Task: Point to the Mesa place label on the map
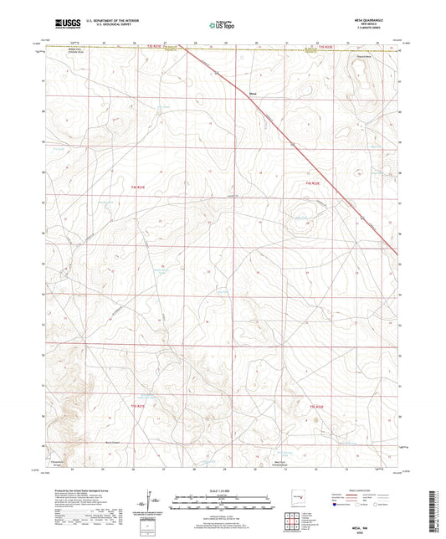pyautogui.click(x=253, y=94)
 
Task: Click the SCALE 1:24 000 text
pyautogui.click(x=222, y=490)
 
